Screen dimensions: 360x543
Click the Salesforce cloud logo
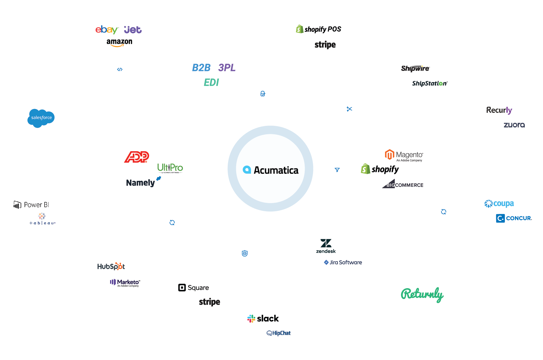click(x=41, y=118)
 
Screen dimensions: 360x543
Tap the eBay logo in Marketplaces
click(x=106, y=30)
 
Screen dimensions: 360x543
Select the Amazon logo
click(x=119, y=42)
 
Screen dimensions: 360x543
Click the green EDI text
click(x=211, y=82)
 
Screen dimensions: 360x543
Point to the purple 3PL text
click(x=227, y=68)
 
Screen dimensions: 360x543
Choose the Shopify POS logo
click(x=319, y=29)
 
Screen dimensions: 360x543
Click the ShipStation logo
click(x=430, y=83)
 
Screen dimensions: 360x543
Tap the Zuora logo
click(x=514, y=125)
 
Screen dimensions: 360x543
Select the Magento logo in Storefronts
click(x=404, y=155)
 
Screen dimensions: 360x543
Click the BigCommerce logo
click(x=403, y=184)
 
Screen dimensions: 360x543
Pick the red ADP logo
click(x=137, y=157)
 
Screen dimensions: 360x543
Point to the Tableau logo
click(x=42, y=219)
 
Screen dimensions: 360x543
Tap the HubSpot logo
click(x=111, y=266)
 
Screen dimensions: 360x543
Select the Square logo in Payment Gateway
click(x=194, y=288)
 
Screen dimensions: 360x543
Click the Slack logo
click(x=263, y=319)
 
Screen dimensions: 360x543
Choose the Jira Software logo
click(x=343, y=263)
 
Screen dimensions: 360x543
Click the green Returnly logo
click(x=422, y=294)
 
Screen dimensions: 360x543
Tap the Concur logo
click(x=514, y=218)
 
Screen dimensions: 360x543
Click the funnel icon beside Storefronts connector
click(x=337, y=170)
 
